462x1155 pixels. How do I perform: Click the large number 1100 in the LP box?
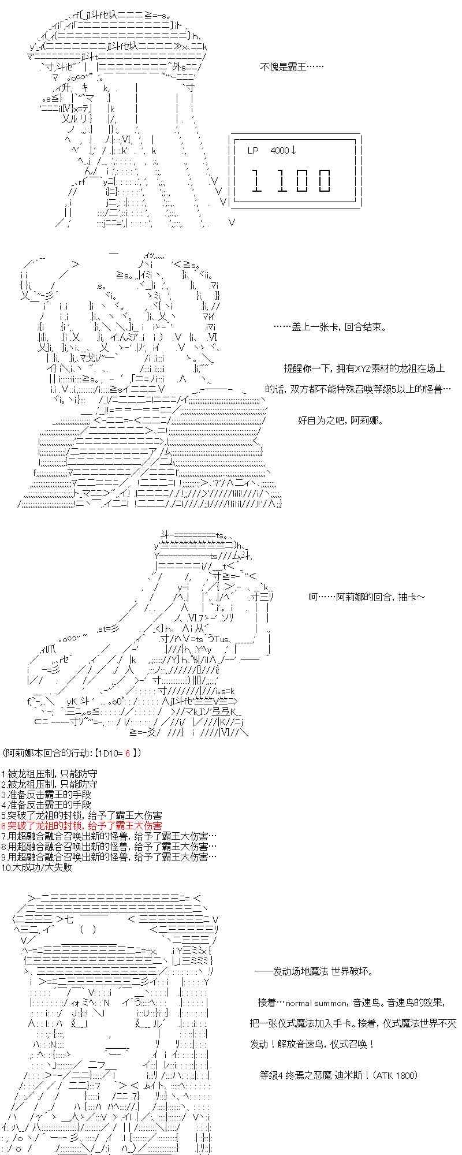292,180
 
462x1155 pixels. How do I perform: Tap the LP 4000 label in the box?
268,151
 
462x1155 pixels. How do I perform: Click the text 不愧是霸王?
292,67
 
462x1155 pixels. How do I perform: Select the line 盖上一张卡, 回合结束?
330,327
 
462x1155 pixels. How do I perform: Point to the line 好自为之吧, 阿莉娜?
341,420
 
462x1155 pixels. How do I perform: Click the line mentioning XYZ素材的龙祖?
364,368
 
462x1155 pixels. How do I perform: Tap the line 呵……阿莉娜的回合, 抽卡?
367,597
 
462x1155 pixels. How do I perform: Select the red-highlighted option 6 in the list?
81,826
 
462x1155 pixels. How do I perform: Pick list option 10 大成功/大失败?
36,867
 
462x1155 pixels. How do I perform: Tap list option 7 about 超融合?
110,836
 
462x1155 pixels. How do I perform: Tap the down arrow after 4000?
294,151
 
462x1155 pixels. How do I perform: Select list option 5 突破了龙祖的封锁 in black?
81,815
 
